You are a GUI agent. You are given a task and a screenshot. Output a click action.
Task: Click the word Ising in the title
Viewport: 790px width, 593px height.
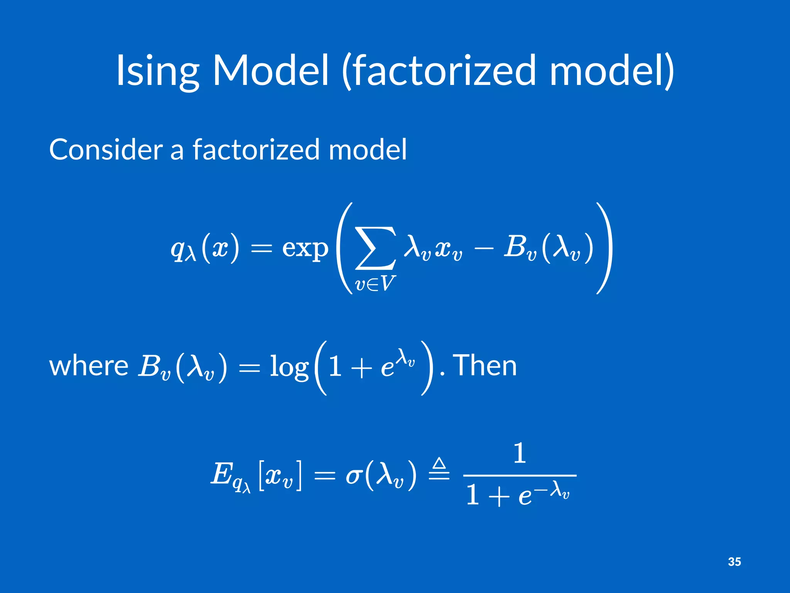point(157,71)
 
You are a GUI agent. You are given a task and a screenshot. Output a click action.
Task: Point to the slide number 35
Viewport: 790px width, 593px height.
point(734,562)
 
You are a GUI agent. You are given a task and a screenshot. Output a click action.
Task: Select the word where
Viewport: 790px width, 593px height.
point(89,366)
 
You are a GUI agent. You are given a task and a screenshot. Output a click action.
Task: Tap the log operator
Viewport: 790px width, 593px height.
point(289,367)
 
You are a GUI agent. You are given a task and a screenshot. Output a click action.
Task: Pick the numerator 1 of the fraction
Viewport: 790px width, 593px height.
point(520,453)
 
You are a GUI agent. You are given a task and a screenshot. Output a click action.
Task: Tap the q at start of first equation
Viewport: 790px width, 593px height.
point(178,250)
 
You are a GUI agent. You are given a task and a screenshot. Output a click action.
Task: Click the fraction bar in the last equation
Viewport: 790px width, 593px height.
point(519,476)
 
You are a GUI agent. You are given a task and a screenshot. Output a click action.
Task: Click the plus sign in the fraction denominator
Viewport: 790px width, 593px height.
point(499,496)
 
